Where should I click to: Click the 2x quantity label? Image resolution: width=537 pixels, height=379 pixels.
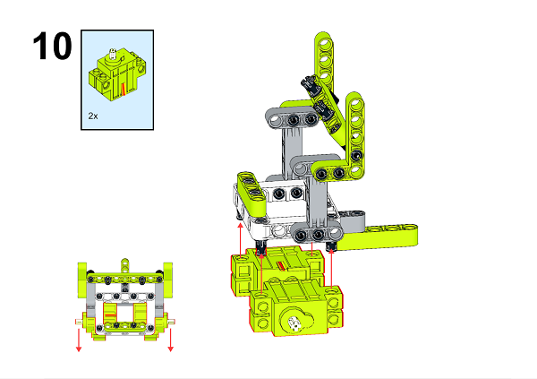[x=93, y=116]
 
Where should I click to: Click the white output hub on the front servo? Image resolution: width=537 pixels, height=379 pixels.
[x=293, y=324]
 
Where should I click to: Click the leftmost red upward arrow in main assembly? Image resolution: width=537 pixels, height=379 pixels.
[x=240, y=237]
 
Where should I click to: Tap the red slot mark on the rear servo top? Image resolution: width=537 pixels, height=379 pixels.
[x=282, y=265]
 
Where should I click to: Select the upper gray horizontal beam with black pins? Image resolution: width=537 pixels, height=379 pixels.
[x=301, y=119]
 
